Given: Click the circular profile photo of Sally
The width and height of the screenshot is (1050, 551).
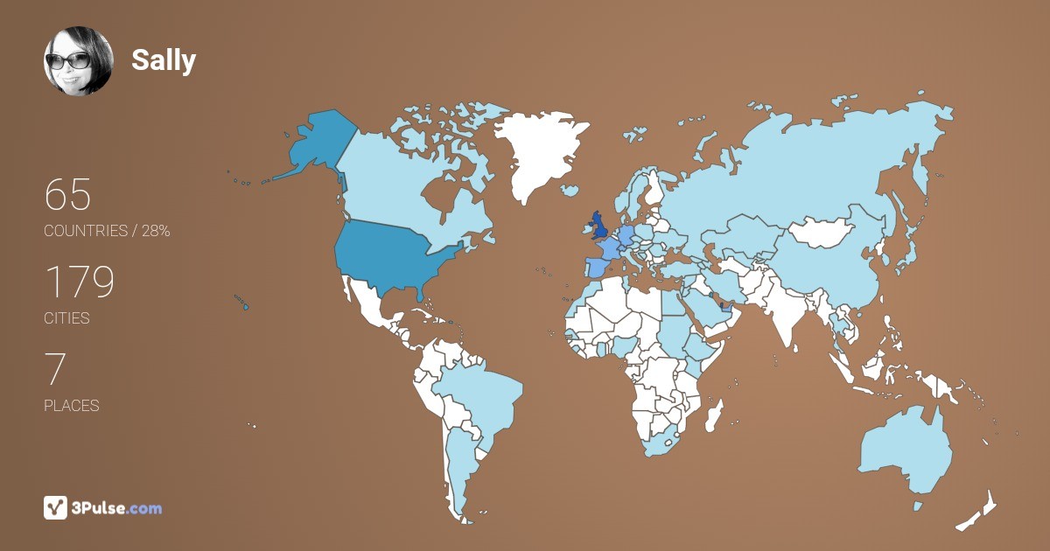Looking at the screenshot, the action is coord(79,60).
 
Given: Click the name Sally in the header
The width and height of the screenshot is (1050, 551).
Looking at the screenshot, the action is coord(164,60).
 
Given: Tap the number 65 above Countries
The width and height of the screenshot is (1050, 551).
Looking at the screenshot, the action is coord(67,194).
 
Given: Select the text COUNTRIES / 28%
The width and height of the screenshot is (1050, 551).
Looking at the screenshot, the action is coord(107,231).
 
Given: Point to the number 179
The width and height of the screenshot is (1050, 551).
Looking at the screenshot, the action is coord(80,282).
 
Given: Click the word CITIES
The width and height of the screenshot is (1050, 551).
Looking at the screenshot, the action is coord(66,318).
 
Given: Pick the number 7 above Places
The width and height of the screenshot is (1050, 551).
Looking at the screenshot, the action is coord(55,370).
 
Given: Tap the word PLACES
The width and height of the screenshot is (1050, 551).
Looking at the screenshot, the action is coord(71,406).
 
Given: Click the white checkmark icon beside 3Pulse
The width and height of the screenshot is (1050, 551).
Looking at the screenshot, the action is coord(55,507).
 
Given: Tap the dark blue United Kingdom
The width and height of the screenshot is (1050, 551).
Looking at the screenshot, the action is coord(599,227).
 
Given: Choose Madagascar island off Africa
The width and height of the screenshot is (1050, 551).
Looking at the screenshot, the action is coord(715,413).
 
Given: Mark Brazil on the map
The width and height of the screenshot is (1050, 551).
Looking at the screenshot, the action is coord(481,394).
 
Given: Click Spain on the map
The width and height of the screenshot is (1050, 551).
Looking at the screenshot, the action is coord(592,267).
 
